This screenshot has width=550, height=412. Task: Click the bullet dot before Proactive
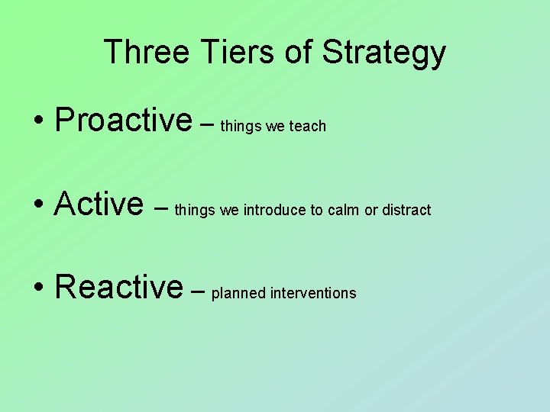[37, 121]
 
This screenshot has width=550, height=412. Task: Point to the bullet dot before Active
[37, 205]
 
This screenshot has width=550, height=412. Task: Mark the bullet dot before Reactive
[37, 288]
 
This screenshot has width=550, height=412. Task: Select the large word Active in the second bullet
[99, 204]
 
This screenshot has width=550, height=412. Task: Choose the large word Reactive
[119, 287]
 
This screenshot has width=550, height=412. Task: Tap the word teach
[308, 126]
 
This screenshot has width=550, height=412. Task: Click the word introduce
[275, 210]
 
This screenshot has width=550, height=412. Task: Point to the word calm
[344, 210]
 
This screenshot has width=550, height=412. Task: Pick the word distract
[406, 210]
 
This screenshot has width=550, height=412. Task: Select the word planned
[238, 294]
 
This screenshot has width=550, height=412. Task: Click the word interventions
[313, 294]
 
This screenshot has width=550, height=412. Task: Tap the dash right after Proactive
[206, 122]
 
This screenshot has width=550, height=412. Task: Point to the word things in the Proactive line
[241, 127]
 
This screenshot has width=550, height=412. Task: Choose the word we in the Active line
[229, 211]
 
